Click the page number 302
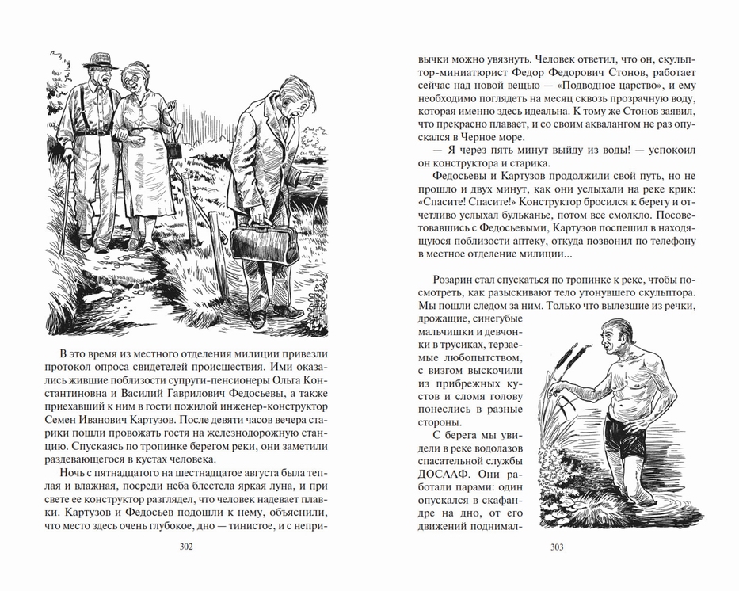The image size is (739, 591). tap(187, 547)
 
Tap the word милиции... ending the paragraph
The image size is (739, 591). tap(539, 254)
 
